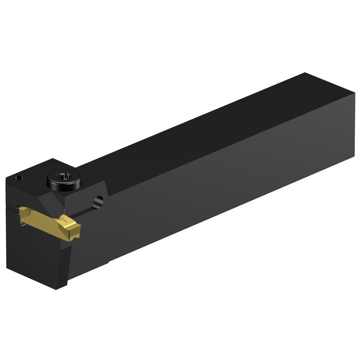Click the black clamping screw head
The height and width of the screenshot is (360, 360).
coord(59,180)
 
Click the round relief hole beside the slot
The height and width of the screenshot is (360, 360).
coord(99,201)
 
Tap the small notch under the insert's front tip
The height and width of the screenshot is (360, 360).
coord(74,238)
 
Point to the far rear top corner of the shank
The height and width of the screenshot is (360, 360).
coord(304,73)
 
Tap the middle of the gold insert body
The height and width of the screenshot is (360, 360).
coord(46,221)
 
